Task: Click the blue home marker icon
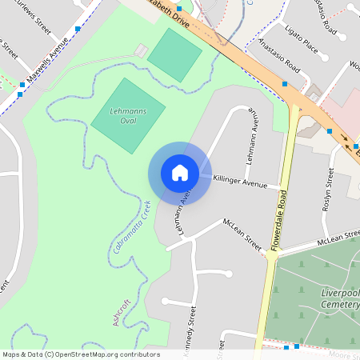pyautogui.click(x=179, y=173)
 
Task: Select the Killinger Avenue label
pyautogui.click(x=239, y=183)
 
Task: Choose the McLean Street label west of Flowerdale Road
pyautogui.click(x=242, y=233)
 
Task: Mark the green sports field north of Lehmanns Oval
pyautogui.click(x=174, y=54)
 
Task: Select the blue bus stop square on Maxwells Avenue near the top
pyautogui.click(x=77, y=29)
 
